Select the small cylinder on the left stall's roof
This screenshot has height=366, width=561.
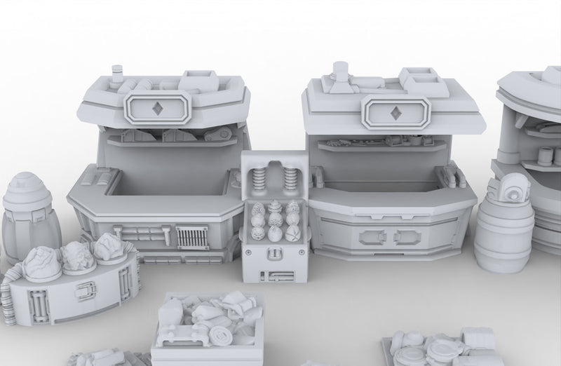118,72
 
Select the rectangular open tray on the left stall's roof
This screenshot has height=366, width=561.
200,76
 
